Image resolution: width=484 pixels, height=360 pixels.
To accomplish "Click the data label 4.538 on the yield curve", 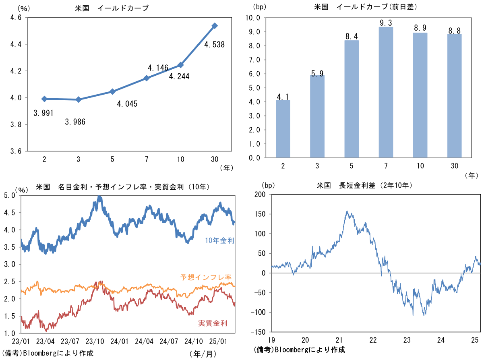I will pos(214,45).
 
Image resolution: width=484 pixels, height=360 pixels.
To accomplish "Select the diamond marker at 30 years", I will pos(215,26).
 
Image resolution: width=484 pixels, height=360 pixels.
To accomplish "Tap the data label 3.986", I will pos(75,121).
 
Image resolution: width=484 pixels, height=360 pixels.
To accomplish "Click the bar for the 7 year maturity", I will pos(386,92).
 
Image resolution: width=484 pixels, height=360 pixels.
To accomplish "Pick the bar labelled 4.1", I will pos(283,129).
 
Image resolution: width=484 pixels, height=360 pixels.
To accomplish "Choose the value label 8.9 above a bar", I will pos(420,28).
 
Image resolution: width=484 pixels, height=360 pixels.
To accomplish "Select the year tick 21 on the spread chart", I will pos(339,339).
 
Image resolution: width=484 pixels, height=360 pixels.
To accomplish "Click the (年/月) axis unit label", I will pos(202,353).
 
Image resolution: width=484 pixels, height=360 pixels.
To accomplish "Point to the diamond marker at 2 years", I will pos(44,99).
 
